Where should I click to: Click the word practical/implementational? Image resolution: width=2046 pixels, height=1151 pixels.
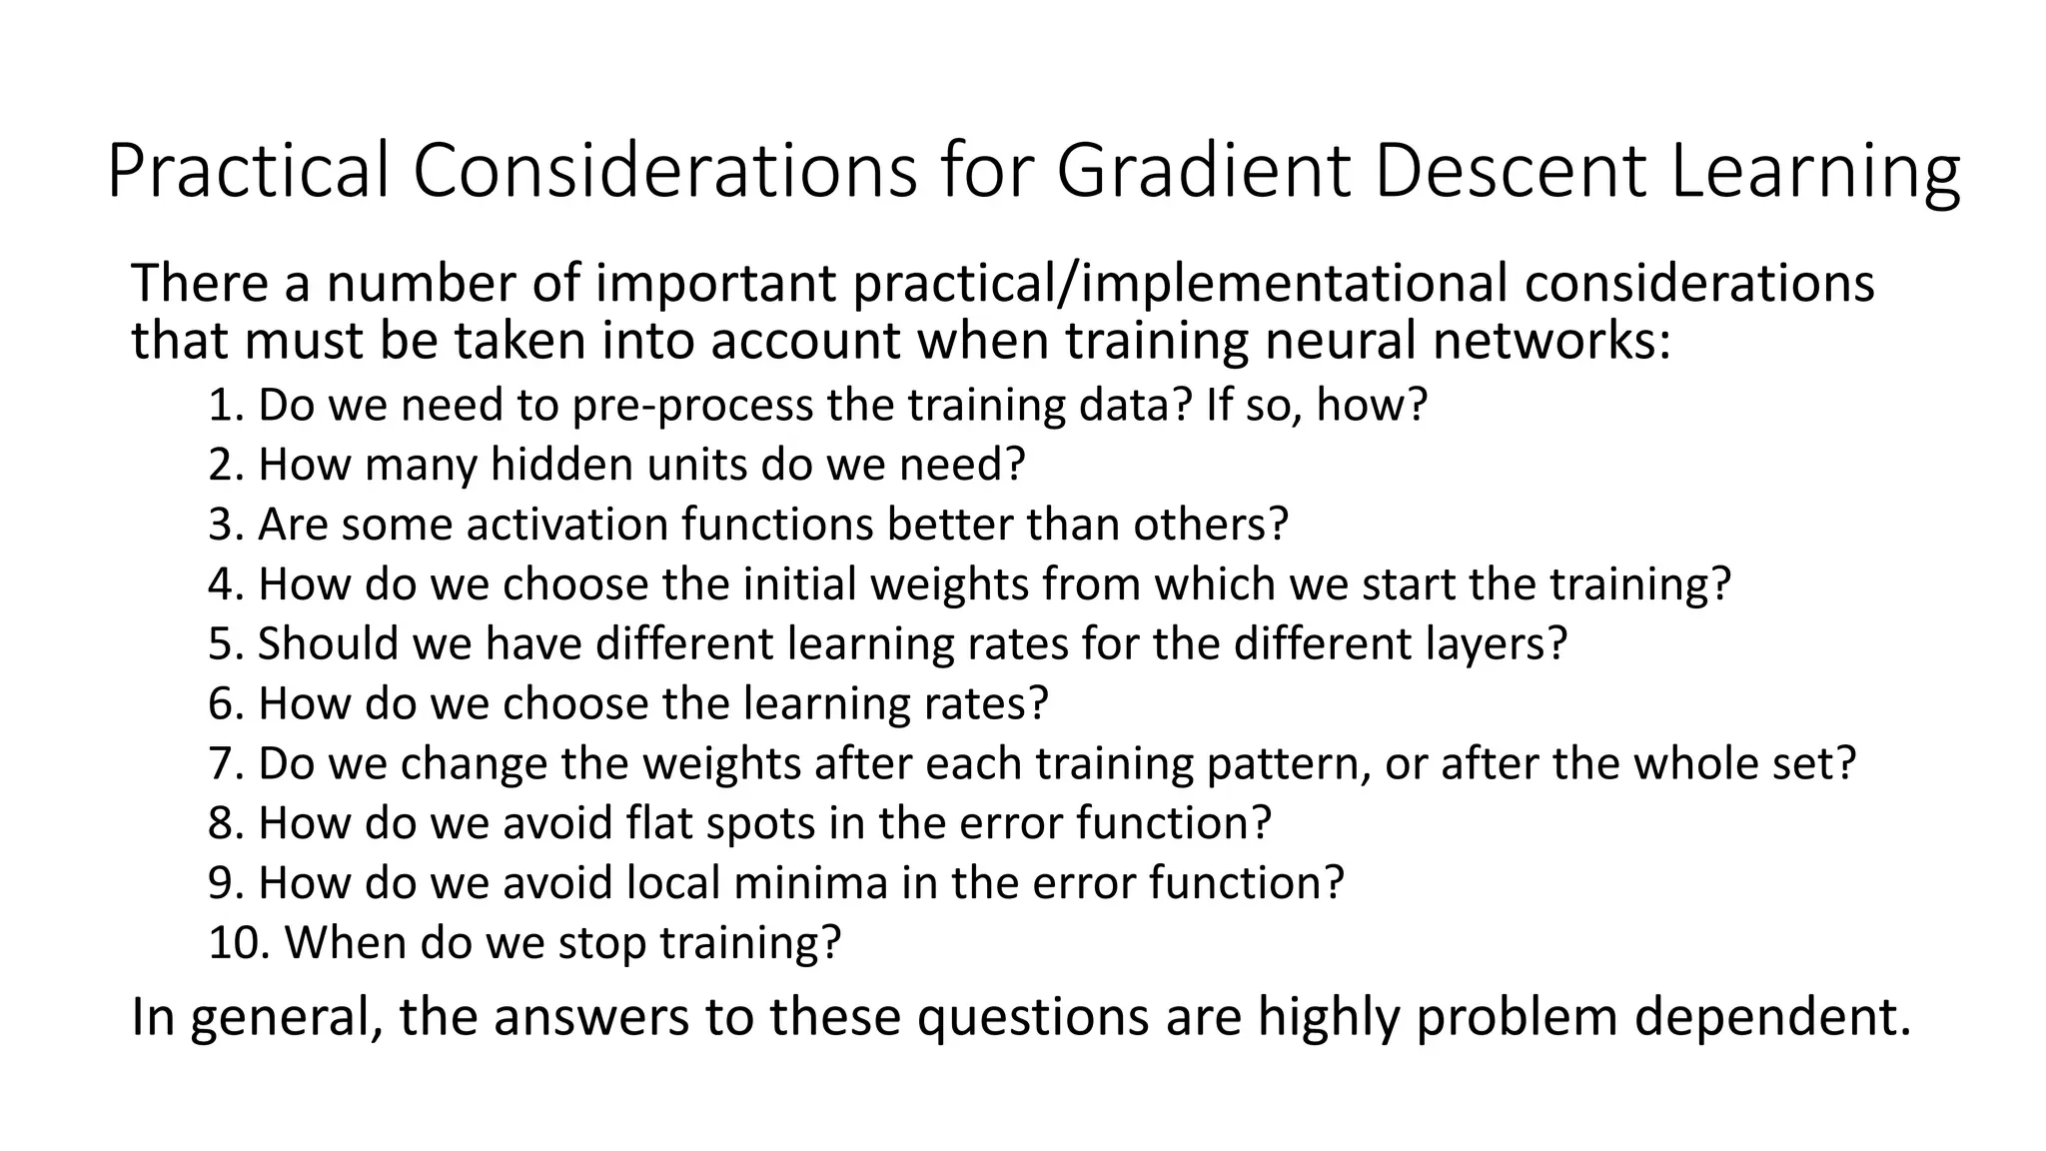coord(1179,284)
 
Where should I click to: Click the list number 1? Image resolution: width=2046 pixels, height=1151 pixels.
coord(225,406)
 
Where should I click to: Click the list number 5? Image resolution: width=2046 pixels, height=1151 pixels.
coord(225,644)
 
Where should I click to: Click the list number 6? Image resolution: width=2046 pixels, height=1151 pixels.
coord(225,704)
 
